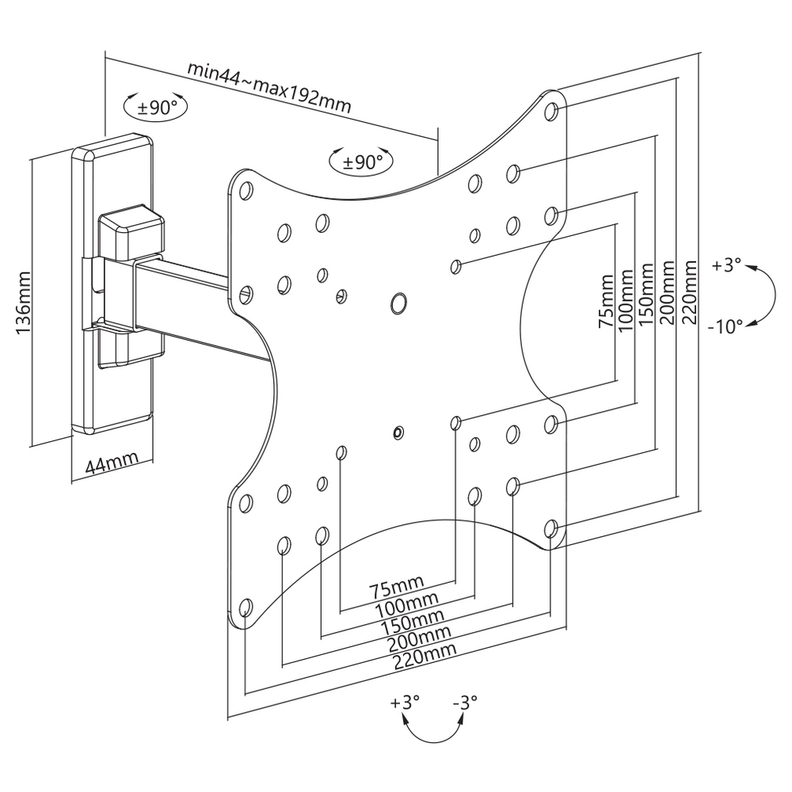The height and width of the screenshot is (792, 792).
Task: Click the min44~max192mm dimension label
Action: pos(269,86)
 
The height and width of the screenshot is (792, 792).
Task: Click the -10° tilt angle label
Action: pos(727,325)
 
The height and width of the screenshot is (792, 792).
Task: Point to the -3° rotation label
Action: pos(465,702)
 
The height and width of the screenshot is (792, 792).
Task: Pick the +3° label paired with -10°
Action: pos(726,265)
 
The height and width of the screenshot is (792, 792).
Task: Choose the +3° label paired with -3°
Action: pos(405,702)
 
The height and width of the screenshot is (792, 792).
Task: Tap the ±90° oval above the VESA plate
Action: pos(362,162)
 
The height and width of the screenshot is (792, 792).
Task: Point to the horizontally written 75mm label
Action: pos(397,588)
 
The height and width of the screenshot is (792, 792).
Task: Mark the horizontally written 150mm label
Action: pos(412,619)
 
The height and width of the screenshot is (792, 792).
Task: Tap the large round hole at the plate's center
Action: pos(398,302)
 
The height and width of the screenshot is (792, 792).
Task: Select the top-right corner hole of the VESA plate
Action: pos(553,110)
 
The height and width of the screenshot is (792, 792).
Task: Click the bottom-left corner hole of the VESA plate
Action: pos(246,607)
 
